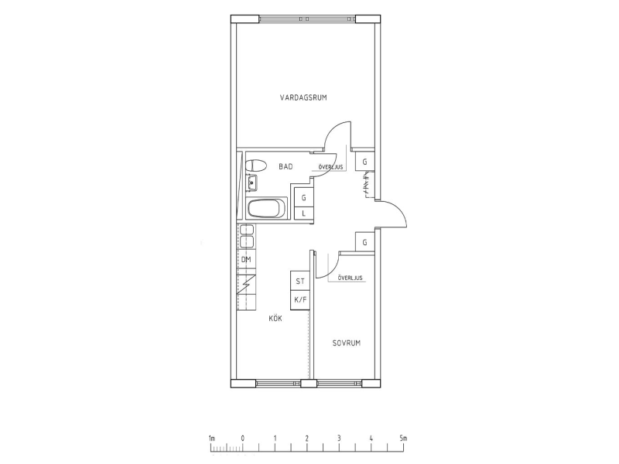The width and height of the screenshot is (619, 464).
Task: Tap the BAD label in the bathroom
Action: click(286, 166)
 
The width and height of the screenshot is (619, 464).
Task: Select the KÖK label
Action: click(275, 318)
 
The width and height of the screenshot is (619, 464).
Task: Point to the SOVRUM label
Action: click(347, 343)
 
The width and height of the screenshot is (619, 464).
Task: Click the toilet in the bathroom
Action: click(252, 165)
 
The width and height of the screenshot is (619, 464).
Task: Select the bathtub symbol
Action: click(267, 209)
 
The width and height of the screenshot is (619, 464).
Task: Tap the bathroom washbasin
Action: click(252, 184)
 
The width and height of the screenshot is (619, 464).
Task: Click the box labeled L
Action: click(303, 213)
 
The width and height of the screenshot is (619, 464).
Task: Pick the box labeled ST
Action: click(300, 282)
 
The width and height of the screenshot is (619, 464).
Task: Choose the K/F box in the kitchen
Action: click(300, 300)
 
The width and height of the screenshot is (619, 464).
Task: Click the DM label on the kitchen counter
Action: click(246, 260)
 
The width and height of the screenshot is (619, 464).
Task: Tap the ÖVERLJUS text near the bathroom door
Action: click(330, 166)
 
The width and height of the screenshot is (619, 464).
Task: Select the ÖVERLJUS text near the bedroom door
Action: click(350, 277)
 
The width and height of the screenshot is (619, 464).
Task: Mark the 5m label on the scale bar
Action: click(403, 438)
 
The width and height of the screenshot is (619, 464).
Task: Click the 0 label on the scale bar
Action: click(243, 438)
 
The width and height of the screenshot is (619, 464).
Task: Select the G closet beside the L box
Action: click(303, 197)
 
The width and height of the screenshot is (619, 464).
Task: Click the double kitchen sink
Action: click(246, 235)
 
